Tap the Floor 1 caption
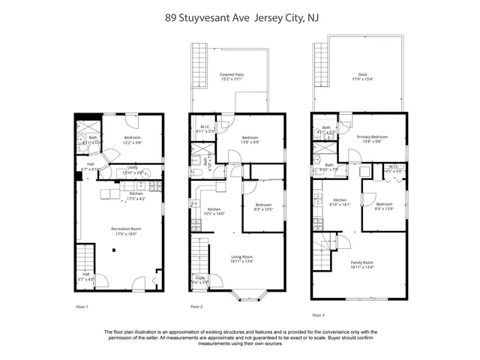82,307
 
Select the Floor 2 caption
196,307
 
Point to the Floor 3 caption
319,316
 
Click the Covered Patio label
232,77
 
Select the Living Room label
241,259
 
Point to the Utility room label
132,169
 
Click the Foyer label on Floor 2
201,280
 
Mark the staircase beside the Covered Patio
199,64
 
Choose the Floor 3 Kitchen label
340,202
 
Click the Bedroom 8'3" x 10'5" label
263,207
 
